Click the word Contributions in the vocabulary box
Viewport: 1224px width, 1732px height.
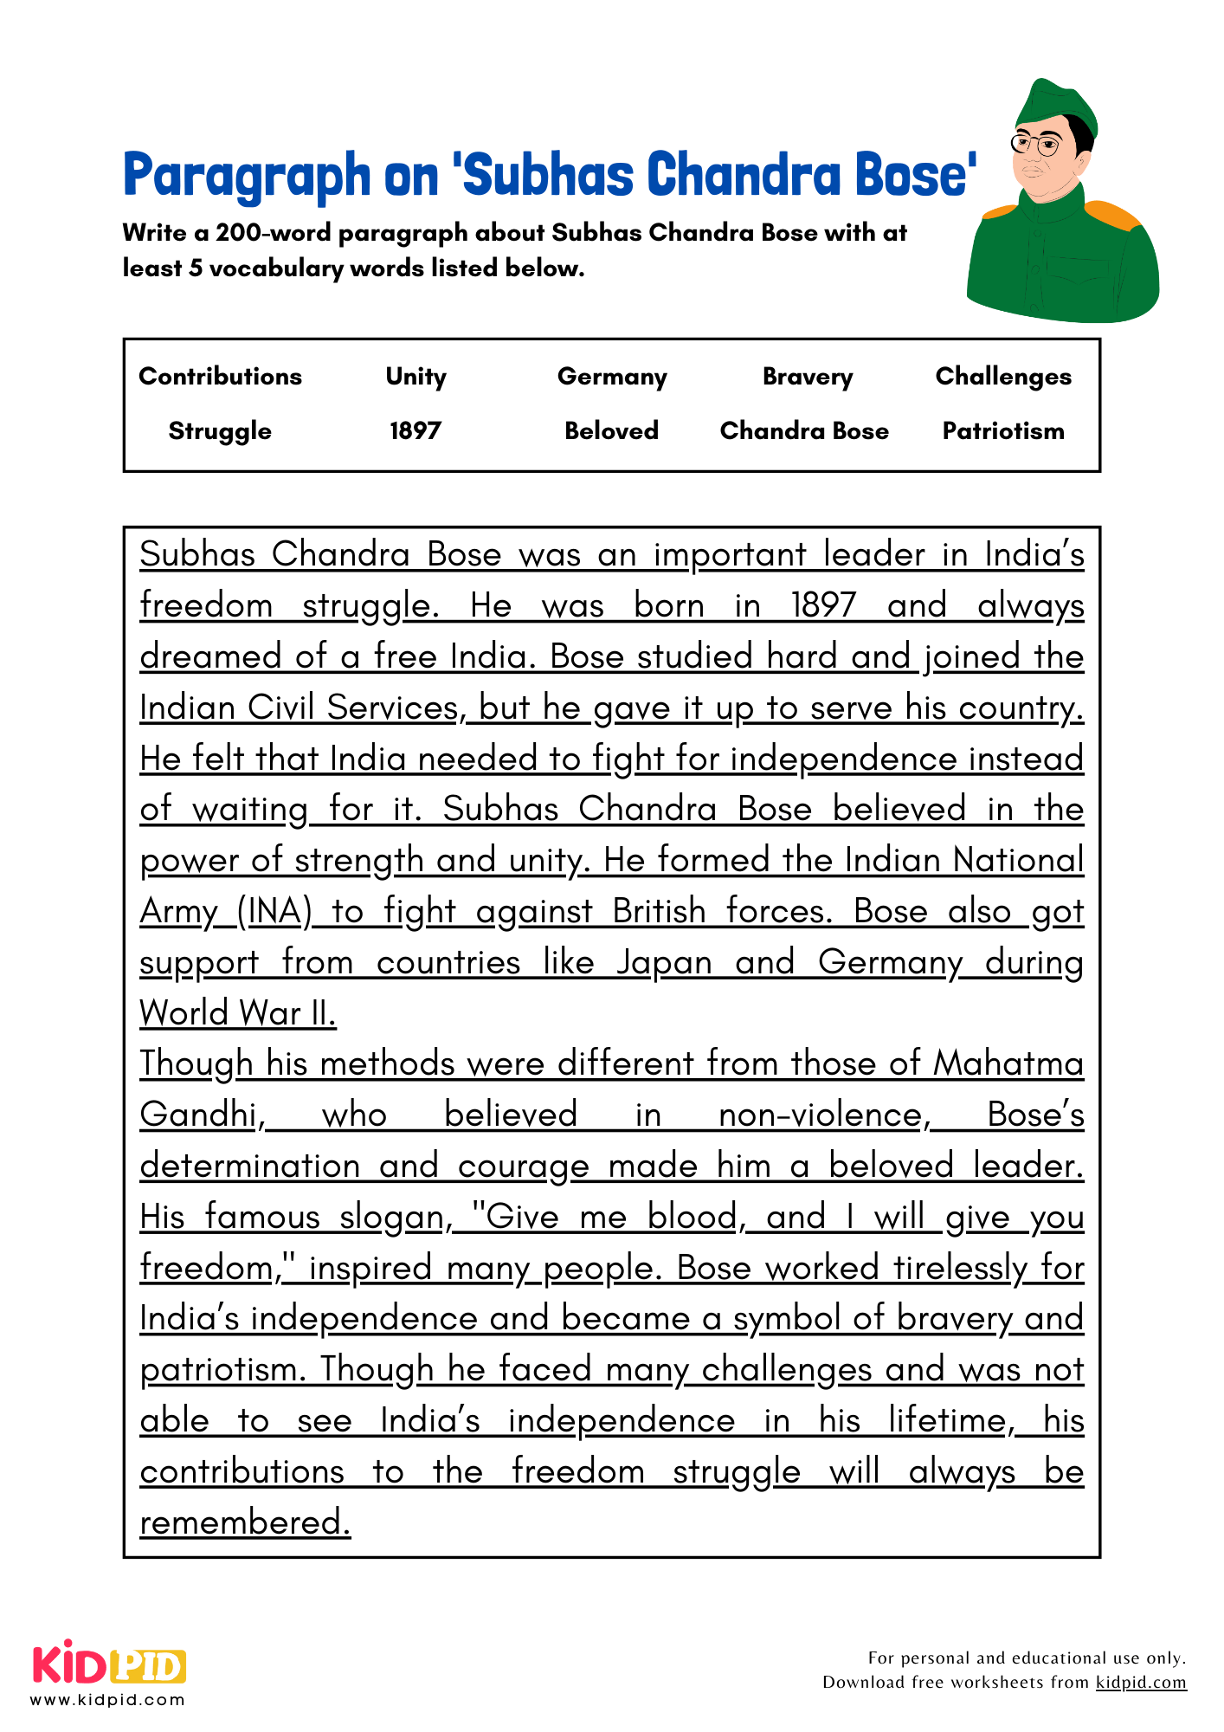point(220,376)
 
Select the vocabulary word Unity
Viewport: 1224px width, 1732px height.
point(416,376)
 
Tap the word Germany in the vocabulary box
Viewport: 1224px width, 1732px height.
point(612,376)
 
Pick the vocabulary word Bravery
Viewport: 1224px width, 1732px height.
point(807,376)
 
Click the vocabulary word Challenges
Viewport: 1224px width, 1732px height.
point(1003,376)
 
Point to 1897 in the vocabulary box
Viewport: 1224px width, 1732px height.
point(416,430)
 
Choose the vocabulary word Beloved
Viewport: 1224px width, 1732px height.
point(611,430)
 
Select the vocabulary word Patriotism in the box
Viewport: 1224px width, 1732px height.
point(1003,430)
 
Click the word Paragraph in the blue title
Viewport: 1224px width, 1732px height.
point(246,175)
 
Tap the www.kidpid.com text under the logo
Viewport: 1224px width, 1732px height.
point(107,1700)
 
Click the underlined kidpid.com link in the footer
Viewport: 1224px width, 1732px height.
point(1140,1682)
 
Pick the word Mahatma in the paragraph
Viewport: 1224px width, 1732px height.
point(1008,1064)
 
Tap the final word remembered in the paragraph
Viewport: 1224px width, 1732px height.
point(245,1522)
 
